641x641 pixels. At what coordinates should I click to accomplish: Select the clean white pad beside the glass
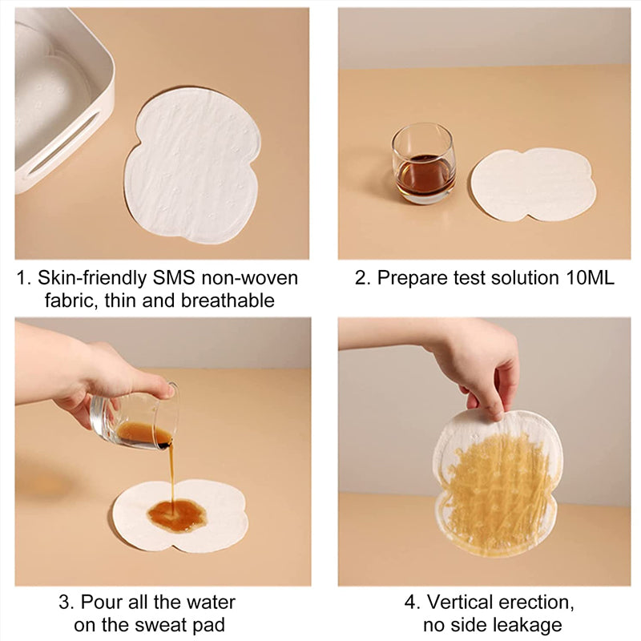532,184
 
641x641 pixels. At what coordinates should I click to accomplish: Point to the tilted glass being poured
136,421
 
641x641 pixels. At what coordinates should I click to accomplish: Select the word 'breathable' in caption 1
233,301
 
